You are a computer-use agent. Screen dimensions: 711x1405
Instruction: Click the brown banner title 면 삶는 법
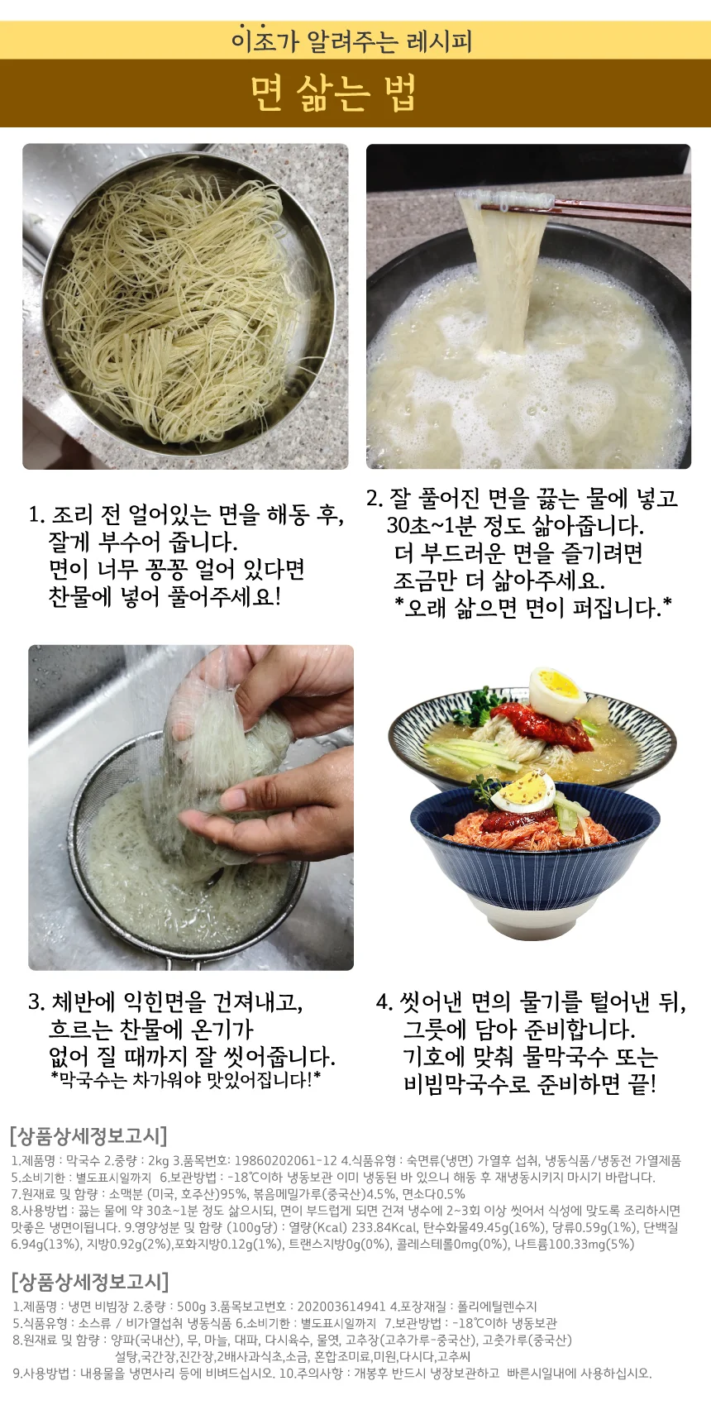(333, 93)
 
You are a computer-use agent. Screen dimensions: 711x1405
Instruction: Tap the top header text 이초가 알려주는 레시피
(351, 41)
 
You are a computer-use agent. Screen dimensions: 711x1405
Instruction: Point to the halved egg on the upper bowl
(556, 695)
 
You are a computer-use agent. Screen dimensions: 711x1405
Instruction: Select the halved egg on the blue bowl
(523, 792)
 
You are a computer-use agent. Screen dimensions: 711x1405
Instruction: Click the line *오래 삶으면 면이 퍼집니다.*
(533, 607)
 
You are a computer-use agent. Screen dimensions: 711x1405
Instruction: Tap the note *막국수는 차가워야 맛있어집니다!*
(185, 1079)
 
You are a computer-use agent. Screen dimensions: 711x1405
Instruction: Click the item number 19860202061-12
(286, 1161)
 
